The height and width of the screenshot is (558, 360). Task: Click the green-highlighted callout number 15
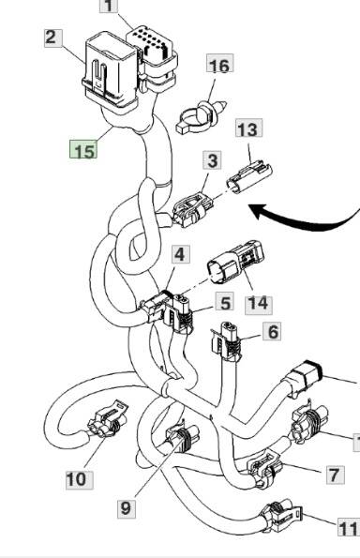[x=83, y=149]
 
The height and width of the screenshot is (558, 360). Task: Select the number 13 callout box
[x=248, y=128]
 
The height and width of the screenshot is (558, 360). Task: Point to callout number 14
[x=259, y=305]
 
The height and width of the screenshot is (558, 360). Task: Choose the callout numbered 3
[x=213, y=160]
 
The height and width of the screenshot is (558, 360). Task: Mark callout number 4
[x=181, y=254]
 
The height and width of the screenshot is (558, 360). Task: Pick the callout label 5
[x=225, y=302]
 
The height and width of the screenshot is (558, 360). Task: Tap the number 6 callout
[x=272, y=332]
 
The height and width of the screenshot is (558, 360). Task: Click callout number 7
[x=336, y=475]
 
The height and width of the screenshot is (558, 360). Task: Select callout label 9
[x=127, y=508]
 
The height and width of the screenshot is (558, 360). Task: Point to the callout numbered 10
[x=80, y=480]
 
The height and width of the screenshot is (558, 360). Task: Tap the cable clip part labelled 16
[x=201, y=117]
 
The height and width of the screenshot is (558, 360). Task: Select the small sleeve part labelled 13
[x=249, y=176]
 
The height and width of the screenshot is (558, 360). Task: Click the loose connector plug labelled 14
[x=236, y=262]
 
